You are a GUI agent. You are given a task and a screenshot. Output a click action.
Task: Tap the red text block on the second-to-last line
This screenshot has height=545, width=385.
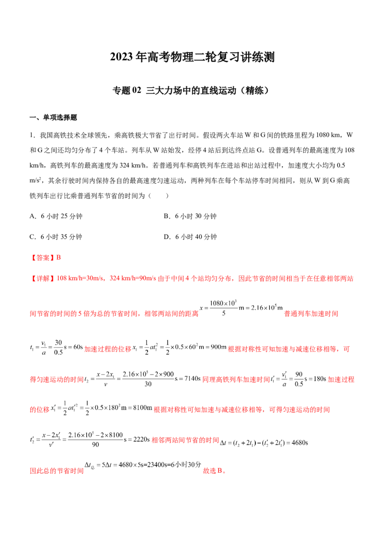click(185, 440)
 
